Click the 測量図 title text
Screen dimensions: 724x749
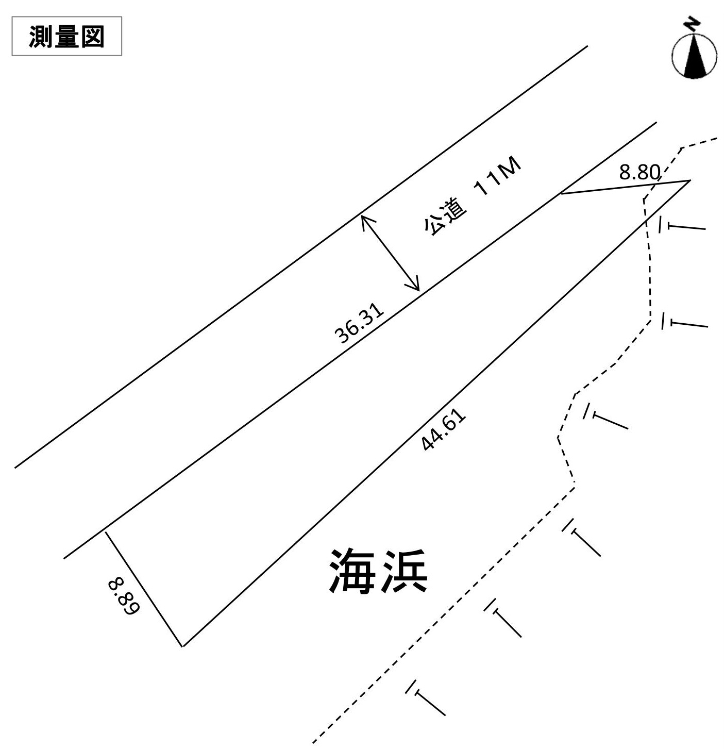click(x=66, y=37)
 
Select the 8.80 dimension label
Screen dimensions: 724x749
click(x=639, y=172)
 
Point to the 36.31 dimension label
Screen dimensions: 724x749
click(x=359, y=323)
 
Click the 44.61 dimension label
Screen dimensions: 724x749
click(x=444, y=431)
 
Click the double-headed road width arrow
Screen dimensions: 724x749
click(x=390, y=253)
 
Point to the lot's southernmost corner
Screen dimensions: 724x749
click(x=183, y=646)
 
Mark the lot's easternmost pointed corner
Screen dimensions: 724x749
click(x=689, y=180)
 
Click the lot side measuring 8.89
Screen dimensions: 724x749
click(x=144, y=589)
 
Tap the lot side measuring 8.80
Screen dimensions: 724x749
click(x=626, y=187)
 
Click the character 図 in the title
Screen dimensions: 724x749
click(x=93, y=37)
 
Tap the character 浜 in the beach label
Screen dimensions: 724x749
click(x=405, y=572)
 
